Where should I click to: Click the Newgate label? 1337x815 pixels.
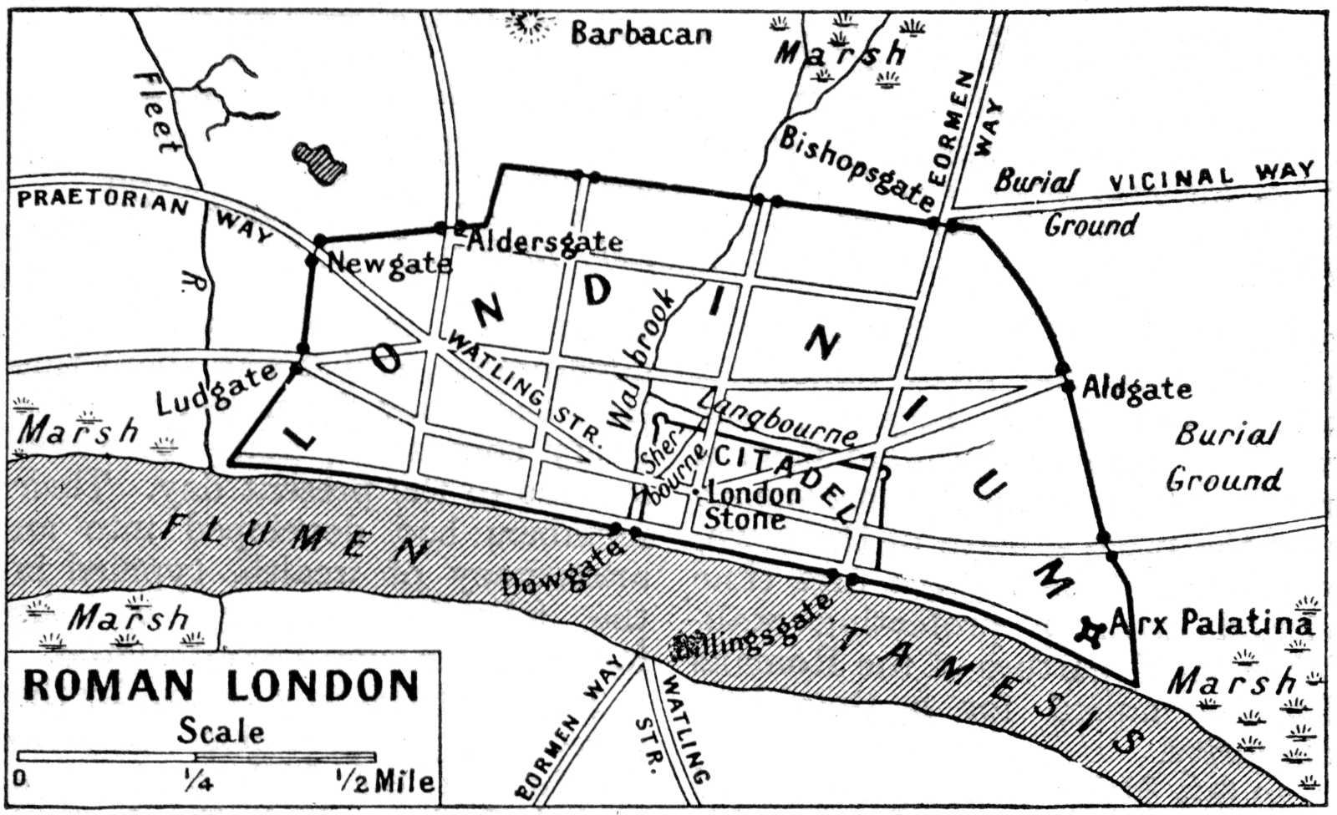tap(389, 264)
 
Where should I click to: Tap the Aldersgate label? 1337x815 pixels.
tap(544, 241)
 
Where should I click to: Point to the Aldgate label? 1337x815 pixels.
tap(1136, 388)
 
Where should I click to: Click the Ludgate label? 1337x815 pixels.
tap(216, 390)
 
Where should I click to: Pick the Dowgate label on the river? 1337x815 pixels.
tap(562, 570)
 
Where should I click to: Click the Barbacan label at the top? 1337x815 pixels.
tap(641, 33)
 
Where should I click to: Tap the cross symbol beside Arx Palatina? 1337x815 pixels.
tap(1090, 630)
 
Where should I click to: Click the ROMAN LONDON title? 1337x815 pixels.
tap(221, 686)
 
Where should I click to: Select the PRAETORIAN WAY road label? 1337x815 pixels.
tap(142, 209)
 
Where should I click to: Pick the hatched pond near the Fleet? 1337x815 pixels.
tap(320, 159)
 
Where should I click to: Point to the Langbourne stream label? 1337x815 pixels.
tap(777, 418)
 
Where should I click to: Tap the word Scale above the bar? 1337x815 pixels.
tap(221, 731)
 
